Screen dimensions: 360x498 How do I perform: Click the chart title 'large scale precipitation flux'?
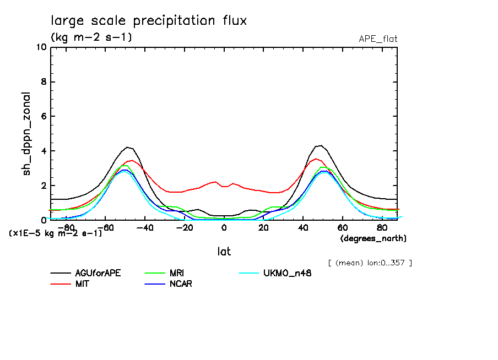[x=149, y=21]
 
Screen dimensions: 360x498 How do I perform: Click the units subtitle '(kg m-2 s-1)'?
[x=91, y=37]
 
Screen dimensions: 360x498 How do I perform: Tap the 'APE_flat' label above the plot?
[x=378, y=39]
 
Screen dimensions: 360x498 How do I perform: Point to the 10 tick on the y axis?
[x=41, y=47]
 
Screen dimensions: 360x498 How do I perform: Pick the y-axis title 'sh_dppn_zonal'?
[x=26, y=134]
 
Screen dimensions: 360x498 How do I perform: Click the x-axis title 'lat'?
[x=224, y=252]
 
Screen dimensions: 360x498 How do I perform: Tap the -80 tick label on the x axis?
[x=66, y=227]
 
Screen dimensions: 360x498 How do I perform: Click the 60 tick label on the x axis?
[x=342, y=227]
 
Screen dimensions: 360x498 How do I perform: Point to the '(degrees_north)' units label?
[x=373, y=238]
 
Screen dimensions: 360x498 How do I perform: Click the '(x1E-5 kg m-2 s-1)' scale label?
[x=56, y=233]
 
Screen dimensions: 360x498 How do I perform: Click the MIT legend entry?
[x=82, y=284]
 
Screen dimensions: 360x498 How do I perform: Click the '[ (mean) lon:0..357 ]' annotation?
[x=370, y=263]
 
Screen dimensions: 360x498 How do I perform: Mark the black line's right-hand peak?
[x=320, y=145]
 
